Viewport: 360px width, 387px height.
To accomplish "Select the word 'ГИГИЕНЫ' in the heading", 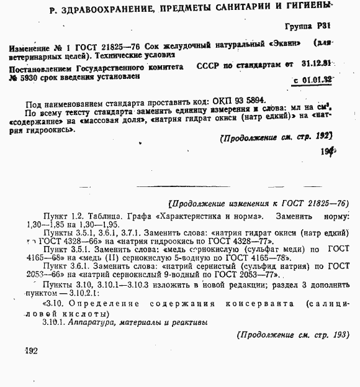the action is click(x=303, y=7).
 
